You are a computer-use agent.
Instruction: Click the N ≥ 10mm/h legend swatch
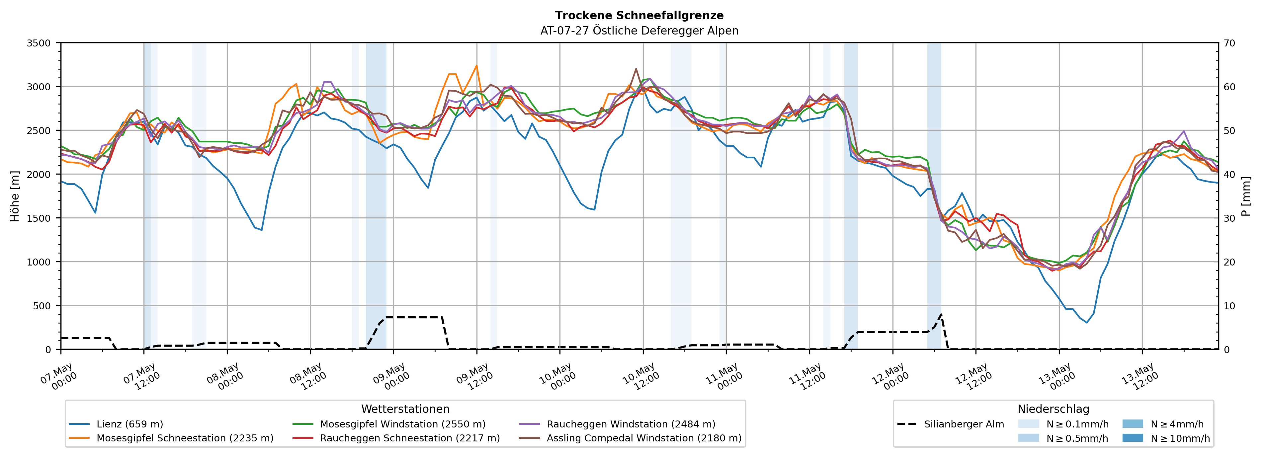(1132, 438)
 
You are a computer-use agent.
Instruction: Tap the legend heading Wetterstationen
(405, 409)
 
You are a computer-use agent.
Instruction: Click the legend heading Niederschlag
(1053, 409)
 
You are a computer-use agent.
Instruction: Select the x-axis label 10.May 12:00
(641, 376)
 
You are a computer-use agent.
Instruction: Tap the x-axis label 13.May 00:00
(1057, 376)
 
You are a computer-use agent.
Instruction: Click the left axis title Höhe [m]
(15, 196)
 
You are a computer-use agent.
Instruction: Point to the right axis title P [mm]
(1246, 196)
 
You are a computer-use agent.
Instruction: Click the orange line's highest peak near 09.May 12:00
(476, 66)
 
